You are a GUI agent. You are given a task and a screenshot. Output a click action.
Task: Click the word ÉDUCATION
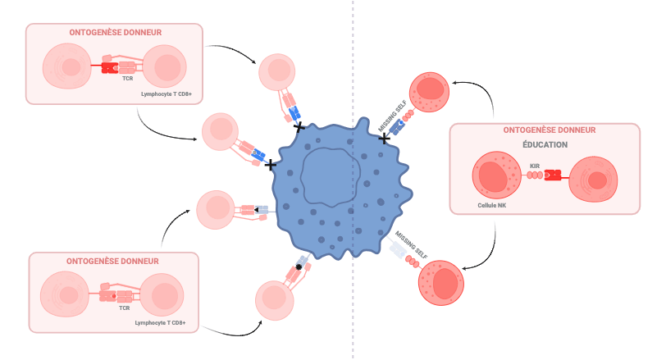(x=545, y=145)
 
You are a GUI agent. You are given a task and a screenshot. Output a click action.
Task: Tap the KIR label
(x=535, y=166)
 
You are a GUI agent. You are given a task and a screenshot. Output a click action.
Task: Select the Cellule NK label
(x=491, y=205)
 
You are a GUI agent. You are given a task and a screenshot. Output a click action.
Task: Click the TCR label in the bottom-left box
(x=125, y=308)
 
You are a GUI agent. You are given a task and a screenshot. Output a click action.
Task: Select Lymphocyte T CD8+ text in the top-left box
(x=166, y=94)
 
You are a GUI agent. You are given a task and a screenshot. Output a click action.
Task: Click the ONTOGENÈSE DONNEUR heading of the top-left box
(x=115, y=33)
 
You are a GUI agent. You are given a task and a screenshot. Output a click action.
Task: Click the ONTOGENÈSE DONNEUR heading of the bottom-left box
(x=112, y=261)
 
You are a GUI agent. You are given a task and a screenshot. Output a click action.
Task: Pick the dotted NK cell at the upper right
(x=429, y=93)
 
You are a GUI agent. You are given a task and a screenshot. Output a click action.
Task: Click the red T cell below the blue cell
(x=275, y=300)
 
